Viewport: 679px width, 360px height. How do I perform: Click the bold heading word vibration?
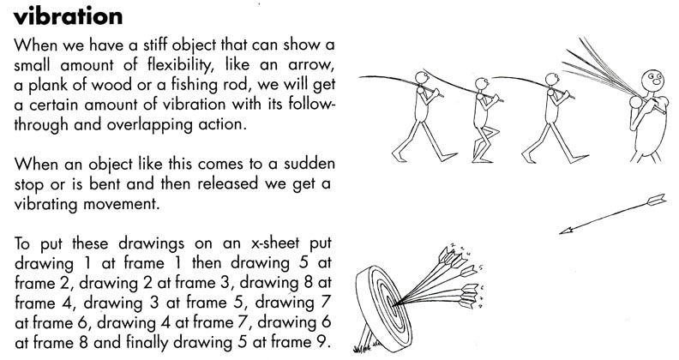[x=69, y=16]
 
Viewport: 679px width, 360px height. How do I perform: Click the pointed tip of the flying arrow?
[x=560, y=231]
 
